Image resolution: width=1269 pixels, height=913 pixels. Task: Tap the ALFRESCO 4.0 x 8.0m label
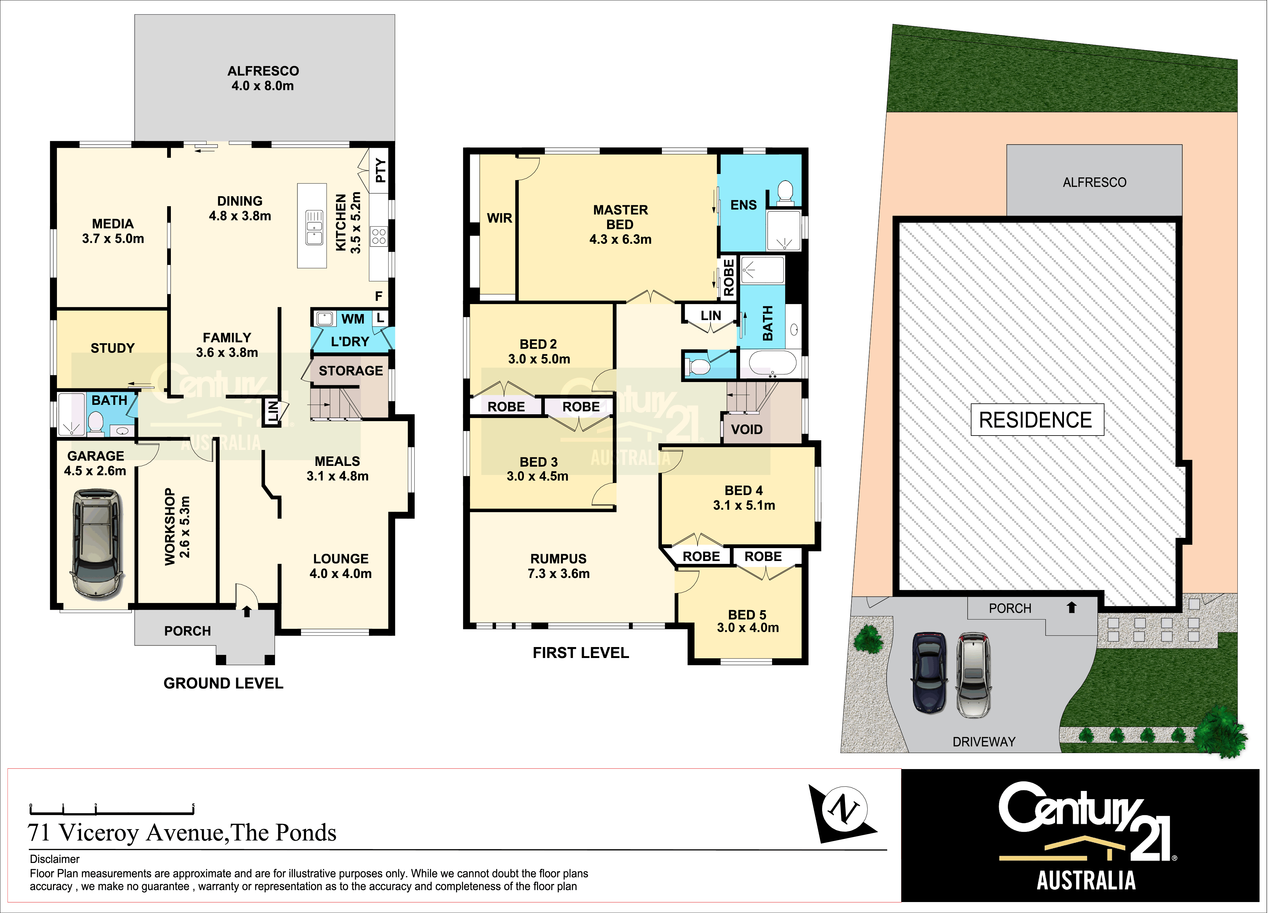pos(263,78)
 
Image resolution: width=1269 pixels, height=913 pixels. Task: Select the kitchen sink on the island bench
pos(314,228)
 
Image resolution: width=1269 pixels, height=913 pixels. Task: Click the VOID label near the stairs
pos(747,430)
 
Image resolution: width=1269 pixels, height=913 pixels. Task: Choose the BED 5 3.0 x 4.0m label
pos(748,621)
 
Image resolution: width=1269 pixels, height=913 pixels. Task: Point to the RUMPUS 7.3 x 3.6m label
pos(558,566)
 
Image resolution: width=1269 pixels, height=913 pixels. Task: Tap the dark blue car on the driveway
pos(929,673)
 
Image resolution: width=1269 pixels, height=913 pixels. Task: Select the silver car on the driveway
pos(974,675)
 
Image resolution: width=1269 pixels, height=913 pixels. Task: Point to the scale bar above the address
pos(112,809)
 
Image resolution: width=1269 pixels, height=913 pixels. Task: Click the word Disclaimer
pos(55,859)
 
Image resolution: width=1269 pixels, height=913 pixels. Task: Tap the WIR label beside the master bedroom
pos(499,218)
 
